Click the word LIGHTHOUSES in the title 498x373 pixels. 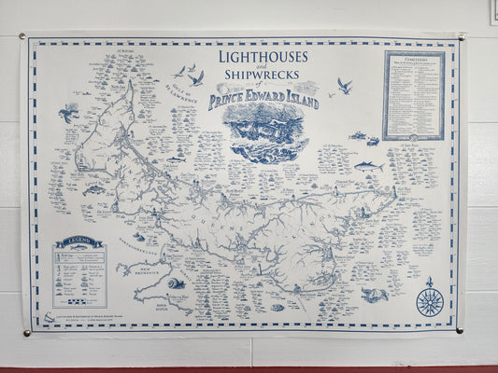[264, 58]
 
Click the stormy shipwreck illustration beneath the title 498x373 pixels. [264, 131]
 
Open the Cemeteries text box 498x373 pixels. [412, 94]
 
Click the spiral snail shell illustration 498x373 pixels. [176, 283]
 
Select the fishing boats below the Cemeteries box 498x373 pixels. [364, 138]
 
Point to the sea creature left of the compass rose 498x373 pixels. [375, 295]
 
